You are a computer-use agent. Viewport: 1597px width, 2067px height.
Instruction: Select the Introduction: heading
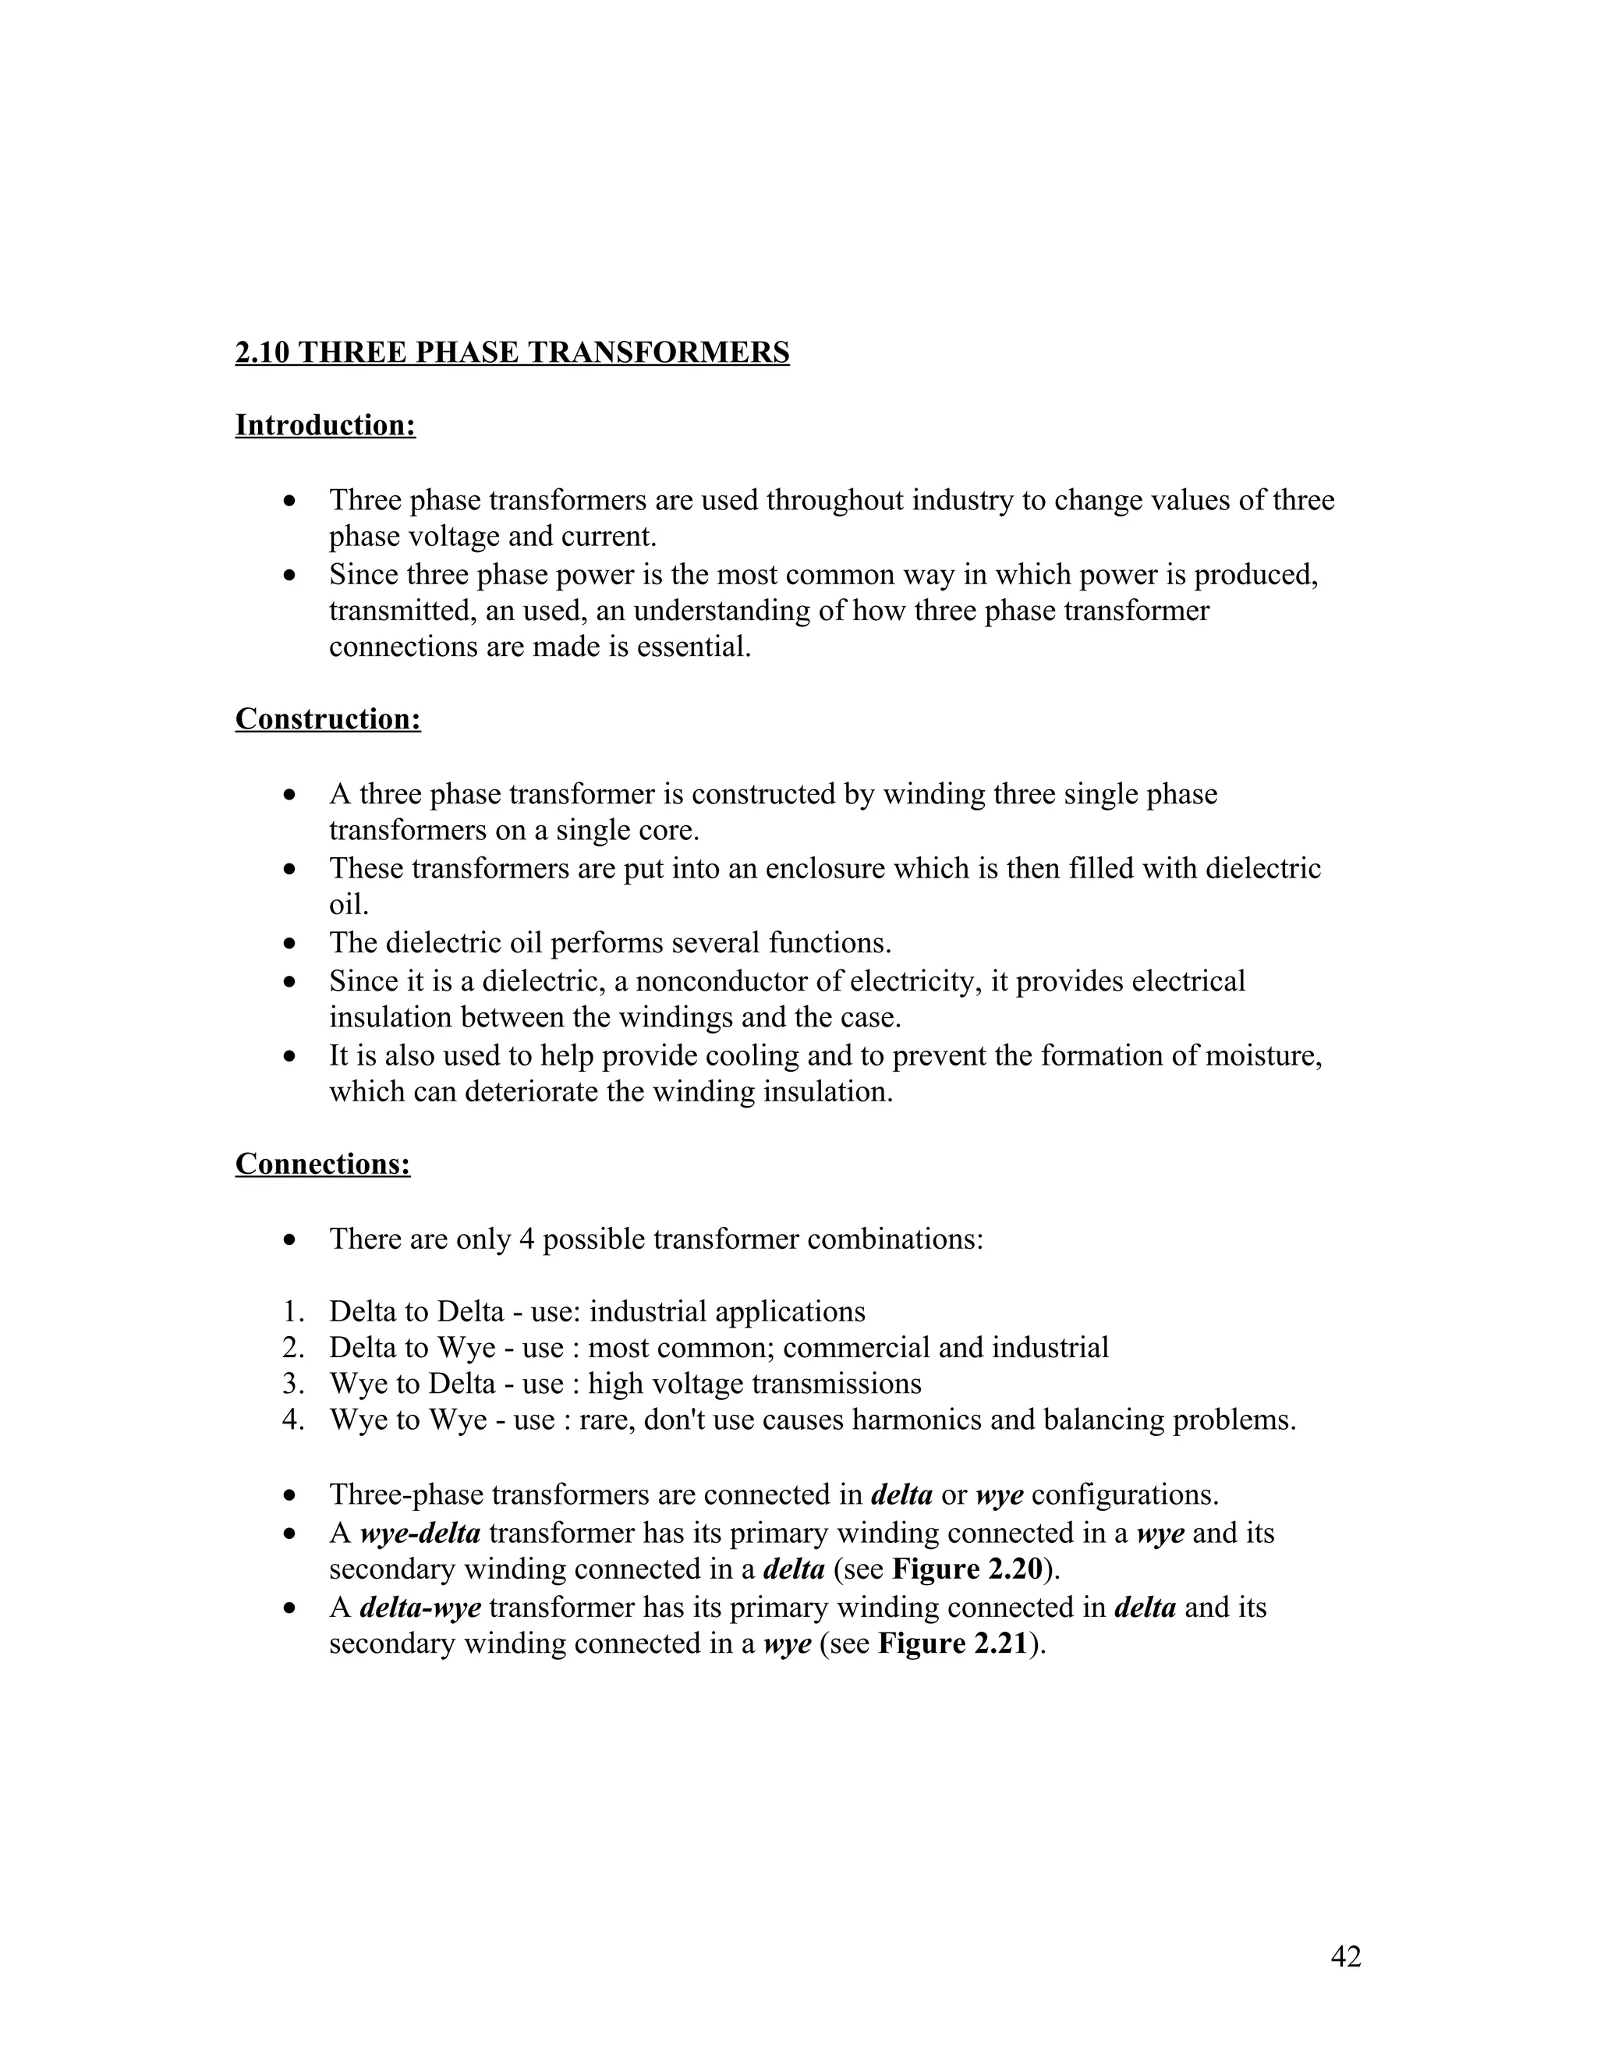pyautogui.click(x=325, y=426)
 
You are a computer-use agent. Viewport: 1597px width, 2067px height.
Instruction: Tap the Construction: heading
pyautogui.click(x=328, y=719)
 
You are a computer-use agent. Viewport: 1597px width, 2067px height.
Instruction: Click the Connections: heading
pyautogui.click(x=323, y=1164)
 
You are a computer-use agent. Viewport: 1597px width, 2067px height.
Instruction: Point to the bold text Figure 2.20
pyautogui.click(x=967, y=1569)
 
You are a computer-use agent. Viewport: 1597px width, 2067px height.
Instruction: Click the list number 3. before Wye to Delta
pyautogui.click(x=293, y=1384)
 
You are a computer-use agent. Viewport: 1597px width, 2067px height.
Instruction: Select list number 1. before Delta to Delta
pyautogui.click(x=293, y=1312)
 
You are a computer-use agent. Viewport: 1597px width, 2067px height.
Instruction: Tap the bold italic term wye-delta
pyautogui.click(x=420, y=1533)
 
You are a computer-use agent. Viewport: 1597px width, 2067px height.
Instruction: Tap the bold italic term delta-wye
pyautogui.click(x=420, y=1607)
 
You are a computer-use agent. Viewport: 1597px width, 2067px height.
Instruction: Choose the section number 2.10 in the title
pyautogui.click(x=262, y=353)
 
